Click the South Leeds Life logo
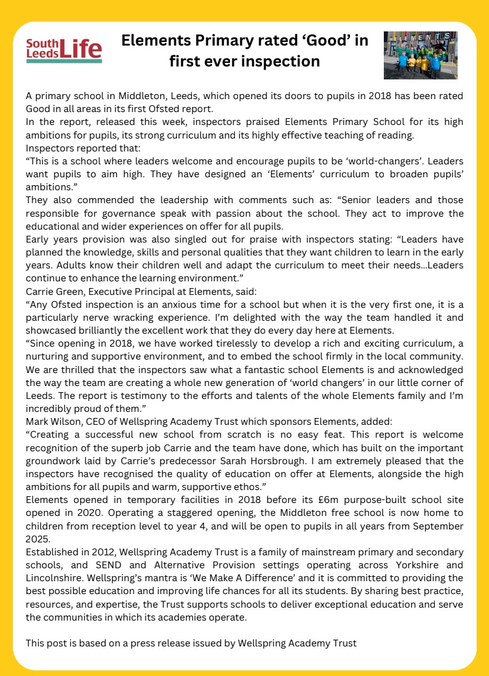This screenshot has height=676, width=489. click(x=64, y=50)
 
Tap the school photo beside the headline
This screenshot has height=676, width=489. click(x=420, y=55)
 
